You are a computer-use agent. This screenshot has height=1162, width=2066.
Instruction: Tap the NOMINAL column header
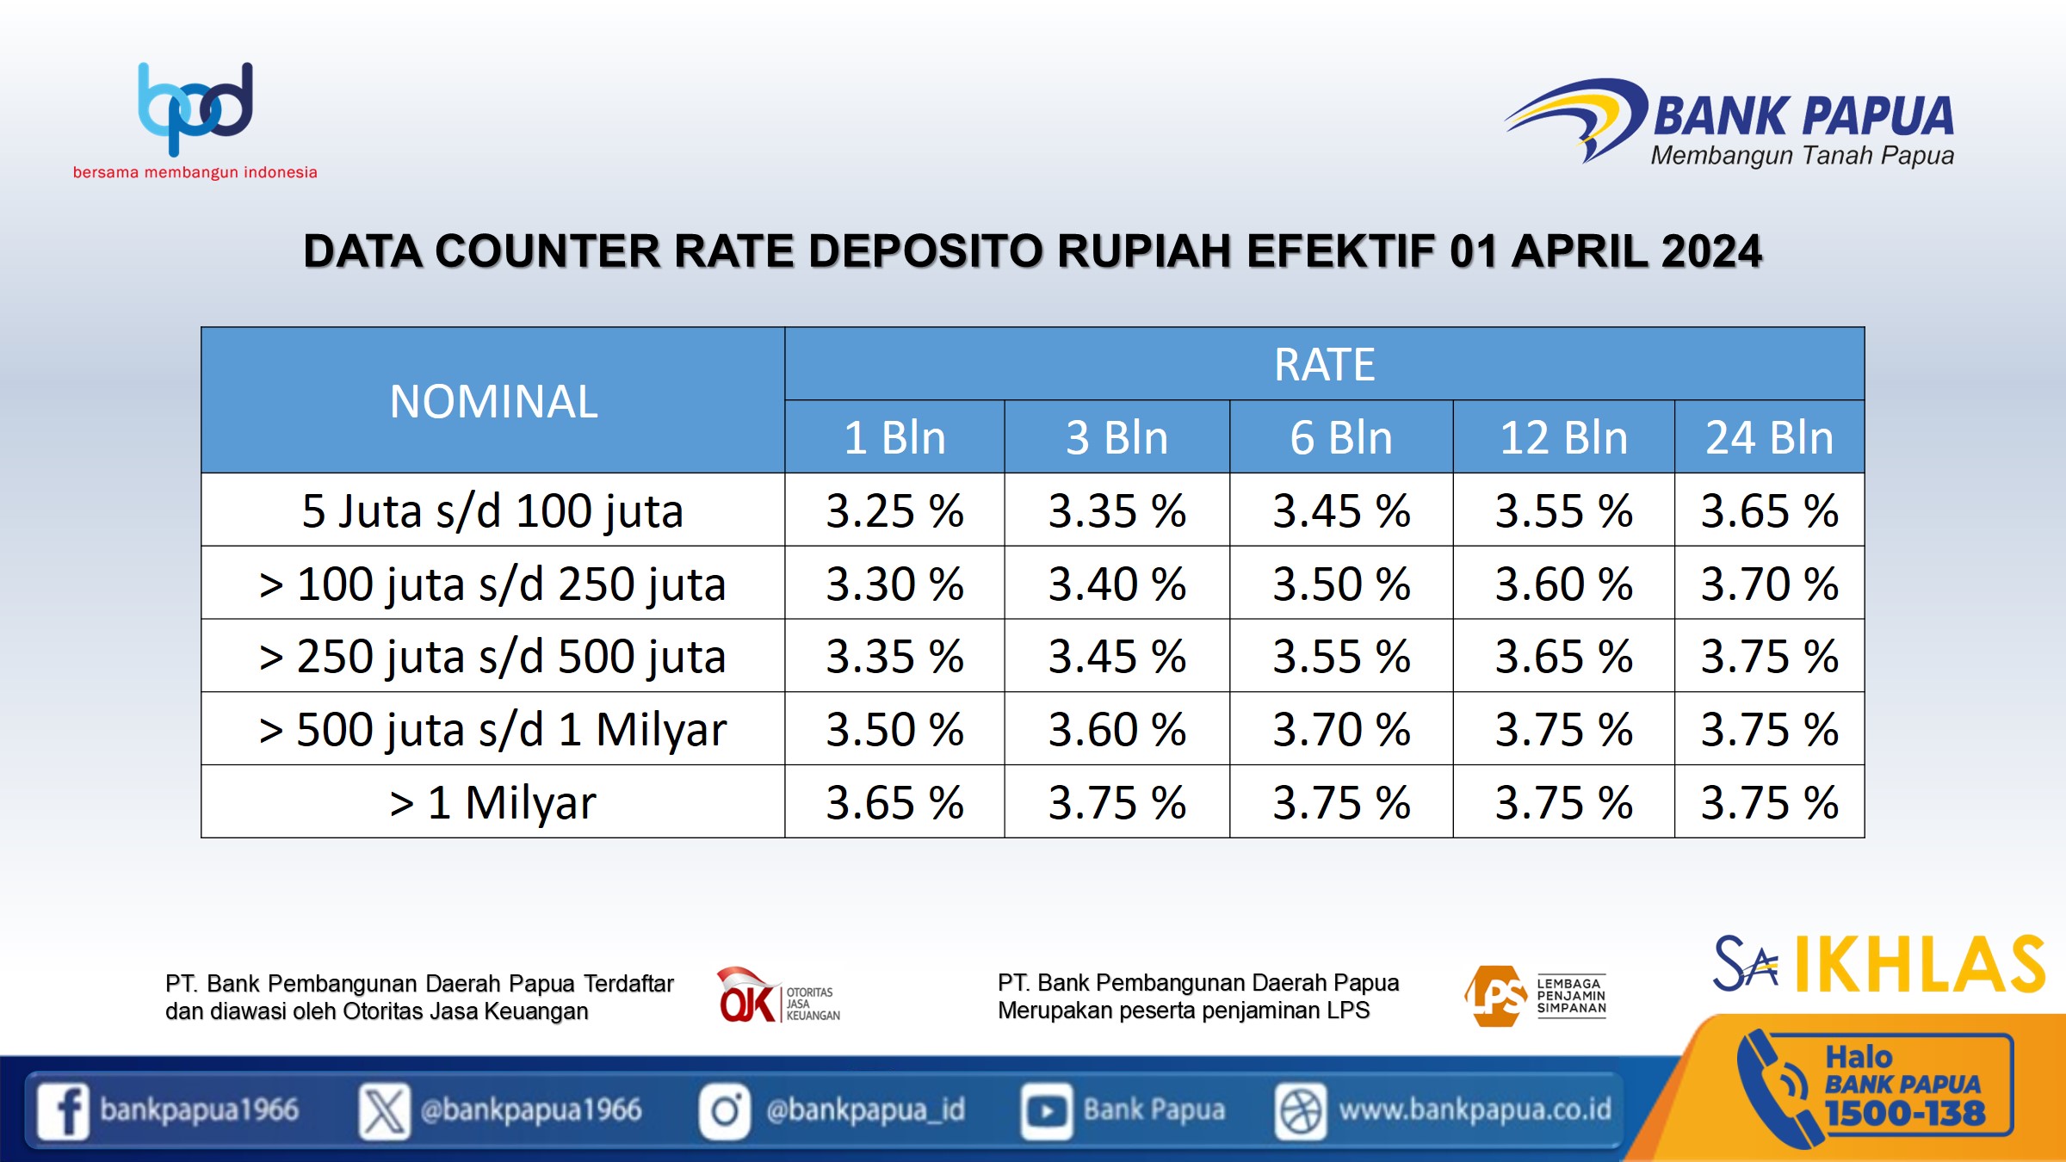493,401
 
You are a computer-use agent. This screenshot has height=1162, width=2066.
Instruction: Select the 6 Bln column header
1341,437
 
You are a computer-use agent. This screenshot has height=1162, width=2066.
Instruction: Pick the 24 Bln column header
1770,437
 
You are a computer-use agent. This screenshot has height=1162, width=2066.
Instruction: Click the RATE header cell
1325,364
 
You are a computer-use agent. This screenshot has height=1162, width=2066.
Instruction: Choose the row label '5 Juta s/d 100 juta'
492,510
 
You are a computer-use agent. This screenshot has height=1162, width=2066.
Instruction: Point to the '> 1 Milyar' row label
492,802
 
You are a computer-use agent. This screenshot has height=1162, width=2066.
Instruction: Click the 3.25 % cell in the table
895,510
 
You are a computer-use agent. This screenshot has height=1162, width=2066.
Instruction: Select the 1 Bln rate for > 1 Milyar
895,802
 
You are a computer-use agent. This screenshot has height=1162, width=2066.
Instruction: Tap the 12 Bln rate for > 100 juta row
1564,584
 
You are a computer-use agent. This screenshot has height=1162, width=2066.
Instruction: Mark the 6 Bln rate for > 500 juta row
1342,729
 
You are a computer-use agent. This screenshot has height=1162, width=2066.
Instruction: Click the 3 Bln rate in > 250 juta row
1117,656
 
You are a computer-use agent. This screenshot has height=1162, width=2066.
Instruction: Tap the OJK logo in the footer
778,995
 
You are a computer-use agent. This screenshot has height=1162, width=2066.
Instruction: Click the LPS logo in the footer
1535,996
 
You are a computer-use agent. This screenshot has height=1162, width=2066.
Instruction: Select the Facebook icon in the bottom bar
63,1110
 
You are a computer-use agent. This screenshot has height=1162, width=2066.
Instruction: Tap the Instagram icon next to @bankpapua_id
725,1110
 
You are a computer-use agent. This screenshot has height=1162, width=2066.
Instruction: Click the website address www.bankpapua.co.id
1475,1109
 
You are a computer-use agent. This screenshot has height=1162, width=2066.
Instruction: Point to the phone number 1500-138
1905,1113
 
